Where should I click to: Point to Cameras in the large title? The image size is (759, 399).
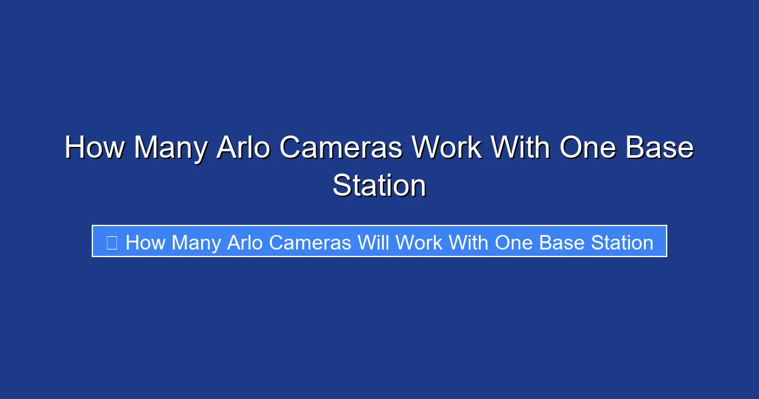341,148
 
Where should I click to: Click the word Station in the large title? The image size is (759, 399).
379,186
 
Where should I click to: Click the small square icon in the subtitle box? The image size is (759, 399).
111,242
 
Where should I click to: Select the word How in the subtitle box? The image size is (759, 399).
145,242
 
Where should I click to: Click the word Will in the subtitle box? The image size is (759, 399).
373,242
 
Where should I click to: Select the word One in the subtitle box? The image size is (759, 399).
514,242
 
